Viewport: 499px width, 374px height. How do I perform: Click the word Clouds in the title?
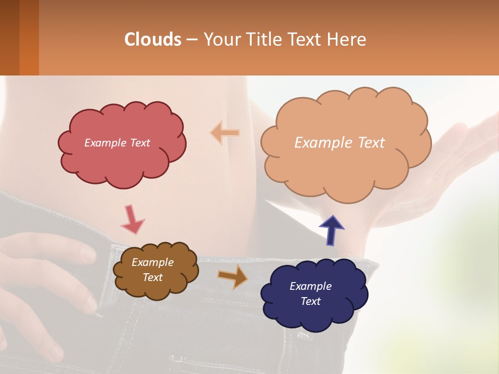point(153,39)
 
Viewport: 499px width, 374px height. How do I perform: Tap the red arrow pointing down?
point(132,220)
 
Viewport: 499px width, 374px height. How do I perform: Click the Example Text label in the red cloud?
point(117,143)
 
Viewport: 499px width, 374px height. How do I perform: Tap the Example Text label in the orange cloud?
point(339,143)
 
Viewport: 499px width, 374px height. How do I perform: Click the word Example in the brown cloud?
point(152,262)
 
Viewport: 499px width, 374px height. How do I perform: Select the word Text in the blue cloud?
point(310,301)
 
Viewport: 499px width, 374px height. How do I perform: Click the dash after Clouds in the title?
point(191,40)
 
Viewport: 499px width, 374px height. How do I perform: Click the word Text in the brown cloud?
point(152,277)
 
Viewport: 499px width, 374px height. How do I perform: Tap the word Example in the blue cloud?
point(310,286)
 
